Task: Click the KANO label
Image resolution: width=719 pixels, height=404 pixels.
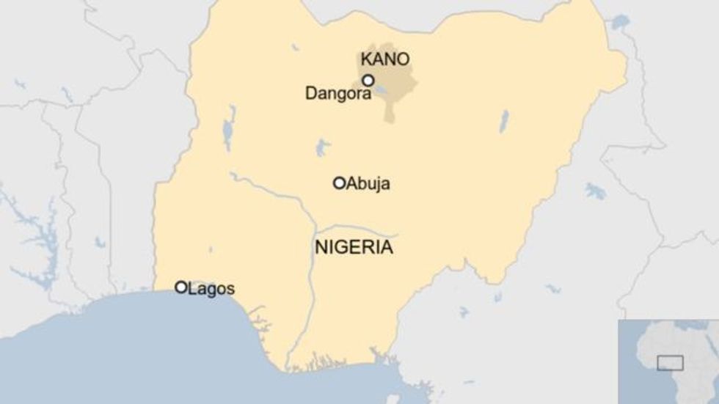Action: coord(385,59)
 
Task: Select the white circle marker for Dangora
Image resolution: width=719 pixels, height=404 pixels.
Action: coord(368,80)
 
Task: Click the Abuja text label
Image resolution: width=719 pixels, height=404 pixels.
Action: coord(368,183)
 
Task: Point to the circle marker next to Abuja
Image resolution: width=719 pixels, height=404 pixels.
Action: coord(339,183)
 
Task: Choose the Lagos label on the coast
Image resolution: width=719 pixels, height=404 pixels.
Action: coord(211,288)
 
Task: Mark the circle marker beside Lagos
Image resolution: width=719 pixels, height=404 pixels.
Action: coord(180,287)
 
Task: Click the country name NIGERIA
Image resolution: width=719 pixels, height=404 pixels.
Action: coord(354,248)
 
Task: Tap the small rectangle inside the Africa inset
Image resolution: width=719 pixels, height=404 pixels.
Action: coord(669,363)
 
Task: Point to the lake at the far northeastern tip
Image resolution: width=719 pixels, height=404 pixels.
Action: coord(621,22)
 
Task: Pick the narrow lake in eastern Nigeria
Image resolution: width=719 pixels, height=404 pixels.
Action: coord(504,121)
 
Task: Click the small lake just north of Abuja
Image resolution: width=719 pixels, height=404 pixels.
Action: coord(322,148)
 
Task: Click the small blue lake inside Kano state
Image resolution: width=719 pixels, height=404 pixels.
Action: coord(381,91)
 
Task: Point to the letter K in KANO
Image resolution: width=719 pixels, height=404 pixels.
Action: coord(365,59)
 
